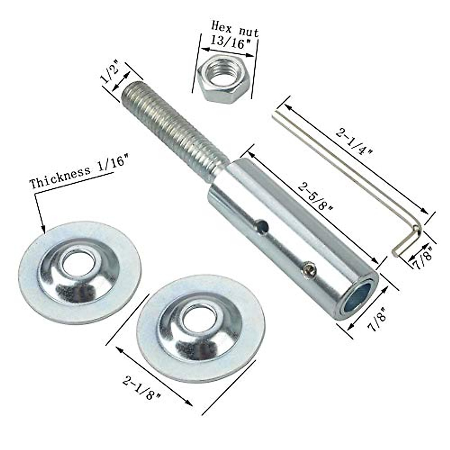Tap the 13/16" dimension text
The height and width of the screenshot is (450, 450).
tap(229, 42)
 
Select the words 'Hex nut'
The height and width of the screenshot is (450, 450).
tap(235, 28)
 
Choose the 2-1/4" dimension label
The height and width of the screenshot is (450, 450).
tap(354, 142)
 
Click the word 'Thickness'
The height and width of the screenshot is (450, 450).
tap(60, 178)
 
